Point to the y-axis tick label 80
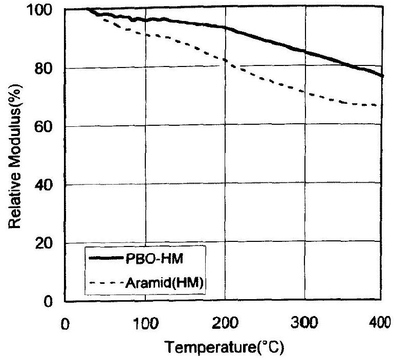pyautogui.click(x=47, y=69)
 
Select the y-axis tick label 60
pyautogui.click(x=47, y=127)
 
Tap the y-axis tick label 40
pyautogui.click(x=47, y=185)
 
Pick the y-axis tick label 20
pyautogui.click(x=47, y=243)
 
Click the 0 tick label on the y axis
pyautogui.click(x=51, y=301)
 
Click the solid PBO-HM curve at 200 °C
pyautogui.click(x=225, y=28)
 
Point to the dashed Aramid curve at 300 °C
pyautogui.click(x=304, y=92)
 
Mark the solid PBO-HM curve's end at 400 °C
pyautogui.click(x=382, y=76)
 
